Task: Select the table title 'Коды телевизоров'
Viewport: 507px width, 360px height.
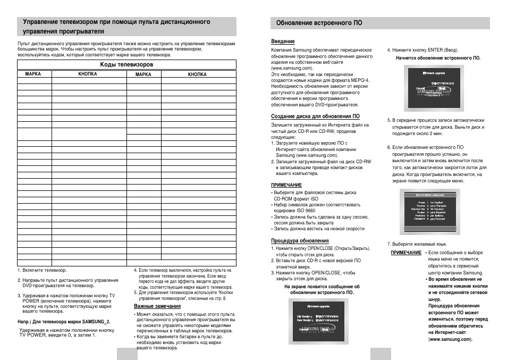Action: tap(126, 64)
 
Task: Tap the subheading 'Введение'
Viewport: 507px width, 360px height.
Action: tap(283, 41)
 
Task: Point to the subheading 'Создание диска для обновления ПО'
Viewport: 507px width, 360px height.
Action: tap(315, 116)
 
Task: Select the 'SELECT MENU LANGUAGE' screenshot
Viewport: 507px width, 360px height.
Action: tap(432, 213)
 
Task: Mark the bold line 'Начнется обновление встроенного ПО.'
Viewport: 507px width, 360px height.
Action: tap(438, 57)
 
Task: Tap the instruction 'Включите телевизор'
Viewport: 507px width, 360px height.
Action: tap(40, 270)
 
